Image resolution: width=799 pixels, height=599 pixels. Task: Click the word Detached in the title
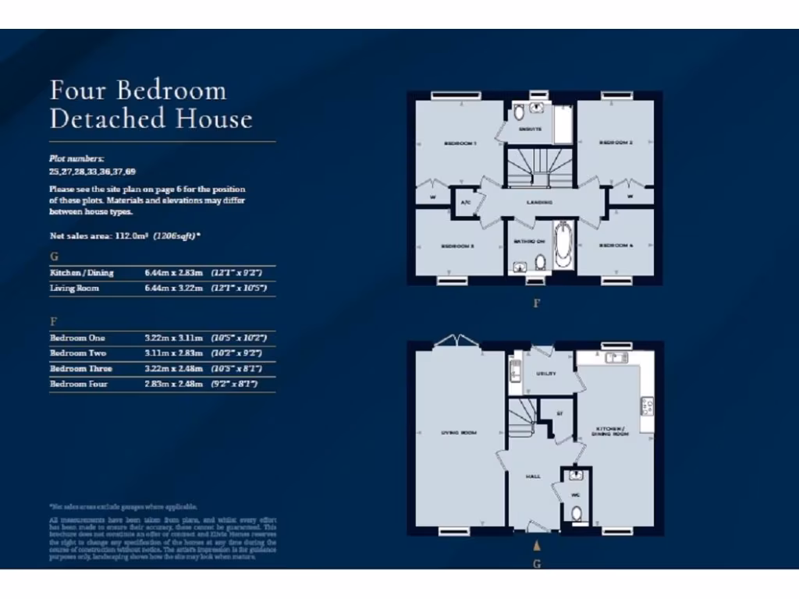(x=108, y=119)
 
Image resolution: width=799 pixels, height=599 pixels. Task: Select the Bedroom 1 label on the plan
(x=460, y=144)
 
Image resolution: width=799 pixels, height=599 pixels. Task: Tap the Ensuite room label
(x=530, y=129)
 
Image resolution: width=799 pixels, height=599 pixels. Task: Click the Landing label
(x=539, y=202)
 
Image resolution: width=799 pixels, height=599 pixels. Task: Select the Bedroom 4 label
(x=615, y=246)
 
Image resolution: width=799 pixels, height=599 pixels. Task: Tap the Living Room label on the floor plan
(x=460, y=432)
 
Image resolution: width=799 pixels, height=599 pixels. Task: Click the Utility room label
(x=546, y=374)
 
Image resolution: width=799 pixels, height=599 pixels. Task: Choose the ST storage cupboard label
(x=559, y=413)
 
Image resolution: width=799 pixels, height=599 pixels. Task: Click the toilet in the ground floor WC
(x=577, y=513)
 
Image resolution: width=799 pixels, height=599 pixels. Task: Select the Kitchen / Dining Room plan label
(x=613, y=431)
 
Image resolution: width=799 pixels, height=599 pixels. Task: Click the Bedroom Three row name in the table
(x=81, y=368)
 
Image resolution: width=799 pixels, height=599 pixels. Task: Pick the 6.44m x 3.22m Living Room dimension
(x=174, y=289)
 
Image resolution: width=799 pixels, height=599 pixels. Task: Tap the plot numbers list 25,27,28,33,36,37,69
(x=87, y=172)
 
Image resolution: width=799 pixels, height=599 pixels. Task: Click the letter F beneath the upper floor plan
(x=536, y=303)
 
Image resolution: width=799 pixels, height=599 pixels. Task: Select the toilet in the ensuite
(x=520, y=112)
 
